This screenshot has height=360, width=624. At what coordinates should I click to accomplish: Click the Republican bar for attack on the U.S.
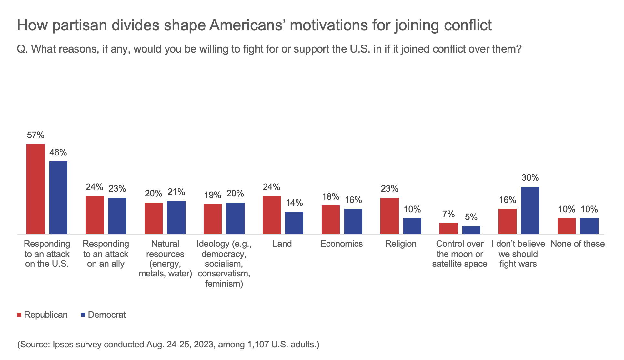point(35,189)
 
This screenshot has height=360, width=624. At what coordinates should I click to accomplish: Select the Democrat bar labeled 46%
point(58,197)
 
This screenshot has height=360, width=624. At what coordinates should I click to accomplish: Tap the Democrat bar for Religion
point(412,226)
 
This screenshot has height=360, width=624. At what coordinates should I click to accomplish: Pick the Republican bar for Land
point(272,215)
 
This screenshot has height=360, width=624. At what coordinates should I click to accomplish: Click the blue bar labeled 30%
point(530,210)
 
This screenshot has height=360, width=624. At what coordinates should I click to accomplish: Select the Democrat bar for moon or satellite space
point(471,230)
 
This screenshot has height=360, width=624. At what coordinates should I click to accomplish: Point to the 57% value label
point(35,135)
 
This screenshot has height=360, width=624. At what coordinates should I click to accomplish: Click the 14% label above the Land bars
point(294,203)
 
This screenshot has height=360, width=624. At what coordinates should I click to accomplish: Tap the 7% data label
point(448,214)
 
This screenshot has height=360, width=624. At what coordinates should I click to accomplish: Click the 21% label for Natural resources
point(176,192)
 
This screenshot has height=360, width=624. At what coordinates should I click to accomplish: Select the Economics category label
point(341,244)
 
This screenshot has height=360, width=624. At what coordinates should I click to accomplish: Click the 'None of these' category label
point(578,244)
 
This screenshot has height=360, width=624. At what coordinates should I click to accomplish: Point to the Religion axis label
point(401,244)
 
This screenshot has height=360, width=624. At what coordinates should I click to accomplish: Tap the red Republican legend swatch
point(19,315)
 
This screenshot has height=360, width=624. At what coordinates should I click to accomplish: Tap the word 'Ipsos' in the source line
point(62,345)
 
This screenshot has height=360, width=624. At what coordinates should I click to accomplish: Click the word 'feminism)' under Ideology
point(224,284)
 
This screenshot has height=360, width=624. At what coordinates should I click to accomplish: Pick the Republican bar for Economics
point(331,219)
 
